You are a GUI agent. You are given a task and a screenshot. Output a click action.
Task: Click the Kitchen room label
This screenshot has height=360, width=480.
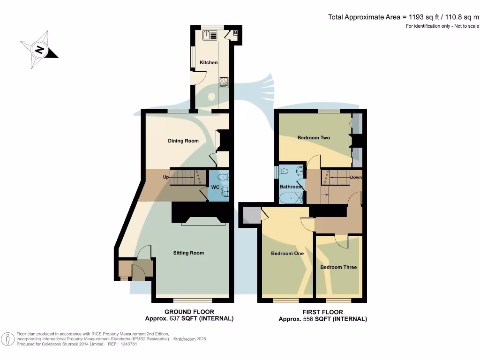[209, 62]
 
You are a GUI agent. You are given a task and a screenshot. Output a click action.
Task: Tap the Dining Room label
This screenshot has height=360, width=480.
[183, 141]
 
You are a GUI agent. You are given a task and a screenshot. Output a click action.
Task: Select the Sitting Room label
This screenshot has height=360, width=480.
[188, 253]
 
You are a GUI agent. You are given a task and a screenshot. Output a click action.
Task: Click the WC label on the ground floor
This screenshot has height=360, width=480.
[216, 187]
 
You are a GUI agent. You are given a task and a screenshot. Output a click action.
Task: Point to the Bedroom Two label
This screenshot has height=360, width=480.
[314, 138]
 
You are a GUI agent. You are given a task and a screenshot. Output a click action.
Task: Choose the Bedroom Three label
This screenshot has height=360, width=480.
[338, 267]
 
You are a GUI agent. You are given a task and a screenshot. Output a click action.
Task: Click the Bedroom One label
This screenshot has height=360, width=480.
[287, 254]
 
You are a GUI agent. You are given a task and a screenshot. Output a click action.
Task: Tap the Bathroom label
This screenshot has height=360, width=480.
[291, 187]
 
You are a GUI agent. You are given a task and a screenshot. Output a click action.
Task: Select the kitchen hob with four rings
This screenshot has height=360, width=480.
[224, 82]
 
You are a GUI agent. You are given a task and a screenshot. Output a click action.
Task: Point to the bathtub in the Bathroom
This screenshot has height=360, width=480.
[291, 199]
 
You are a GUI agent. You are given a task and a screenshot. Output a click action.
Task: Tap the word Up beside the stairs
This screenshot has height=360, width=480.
[165, 177]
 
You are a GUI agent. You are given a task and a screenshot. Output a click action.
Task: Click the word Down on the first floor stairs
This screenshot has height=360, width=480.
[356, 178]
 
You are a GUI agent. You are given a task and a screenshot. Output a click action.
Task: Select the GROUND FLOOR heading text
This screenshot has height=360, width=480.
[189, 312]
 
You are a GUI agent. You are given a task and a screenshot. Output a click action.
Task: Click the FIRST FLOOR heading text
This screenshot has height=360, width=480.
[323, 312]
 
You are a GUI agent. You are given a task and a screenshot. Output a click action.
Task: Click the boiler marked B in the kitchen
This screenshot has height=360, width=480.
[235, 32]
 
